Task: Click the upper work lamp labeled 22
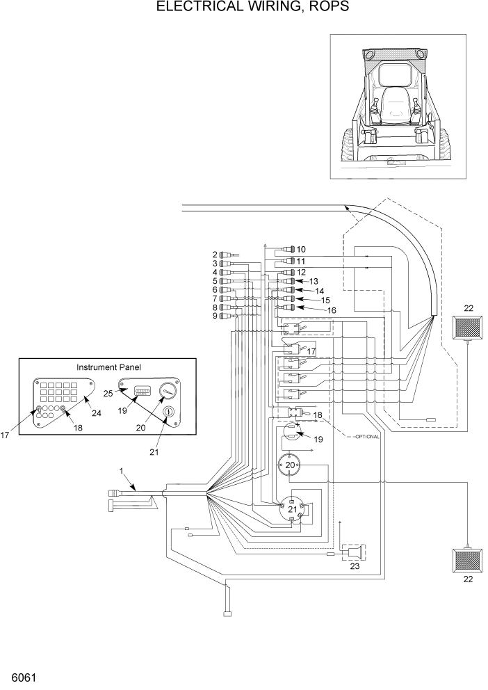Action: pyautogui.click(x=468, y=327)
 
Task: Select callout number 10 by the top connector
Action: pyautogui.click(x=301, y=249)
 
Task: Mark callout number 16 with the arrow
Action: pyautogui.click(x=332, y=310)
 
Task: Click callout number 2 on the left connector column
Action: pyautogui.click(x=215, y=255)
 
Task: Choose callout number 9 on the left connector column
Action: pyautogui.click(x=215, y=316)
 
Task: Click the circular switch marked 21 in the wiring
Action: pyautogui.click(x=293, y=511)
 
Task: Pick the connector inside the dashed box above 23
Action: pyautogui.click(x=352, y=553)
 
